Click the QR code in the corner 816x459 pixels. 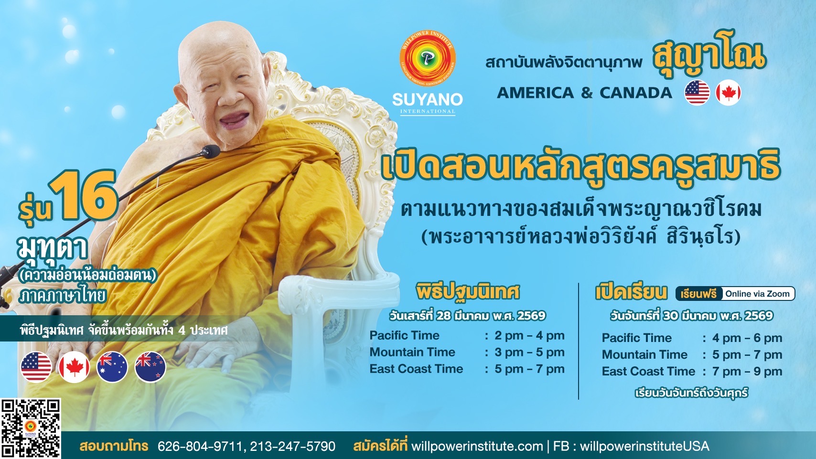(30, 429)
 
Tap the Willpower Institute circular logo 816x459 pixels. (427, 58)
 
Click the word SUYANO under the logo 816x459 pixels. (427, 99)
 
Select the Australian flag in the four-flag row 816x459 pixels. (112, 367)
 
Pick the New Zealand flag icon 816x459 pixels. (150, 367)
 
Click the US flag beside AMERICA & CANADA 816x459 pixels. (697, 93)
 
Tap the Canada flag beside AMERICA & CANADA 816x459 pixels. (728, 93)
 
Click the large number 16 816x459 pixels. (84, 195)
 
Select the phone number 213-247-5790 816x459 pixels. (292, 446)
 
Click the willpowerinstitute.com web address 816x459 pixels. (477, 446)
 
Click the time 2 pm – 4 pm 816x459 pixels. (529, 335)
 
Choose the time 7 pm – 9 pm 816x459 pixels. (747, 372)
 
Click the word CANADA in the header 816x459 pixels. (636, 93)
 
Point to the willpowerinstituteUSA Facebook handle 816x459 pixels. (644, 446)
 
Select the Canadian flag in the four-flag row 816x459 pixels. (75, 367)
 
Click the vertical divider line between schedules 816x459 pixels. (579, 341)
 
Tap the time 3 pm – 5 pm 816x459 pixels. (529, 352)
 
